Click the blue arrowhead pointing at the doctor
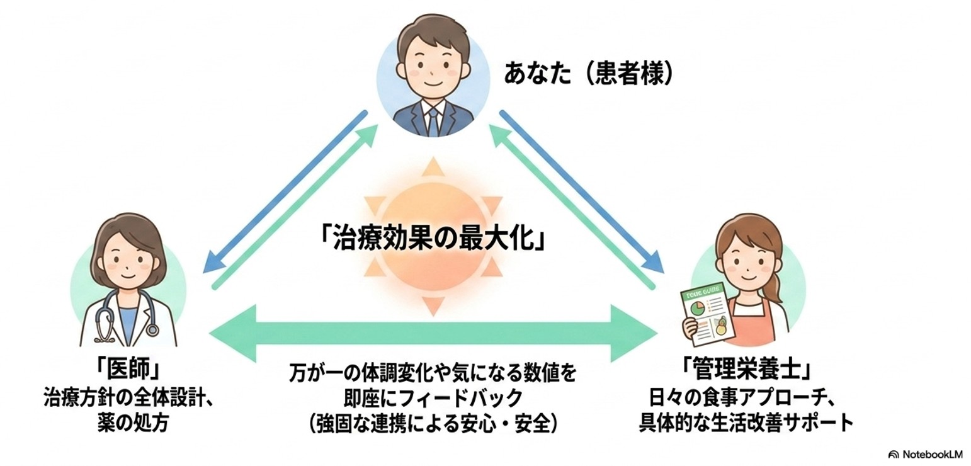[215, 263]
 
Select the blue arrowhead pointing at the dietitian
[652, 263]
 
